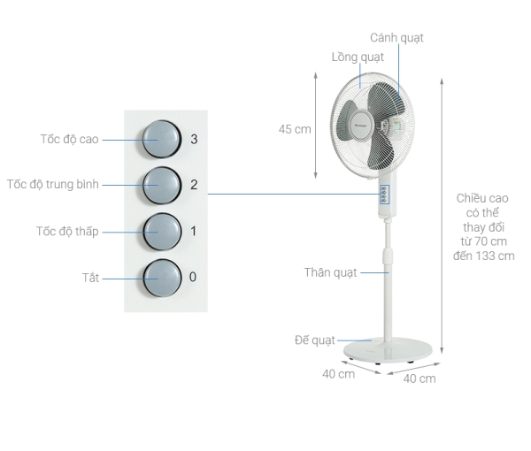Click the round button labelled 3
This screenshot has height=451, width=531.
(162, 139)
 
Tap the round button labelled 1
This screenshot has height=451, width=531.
(162, 232)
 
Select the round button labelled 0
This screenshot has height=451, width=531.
(162, 278)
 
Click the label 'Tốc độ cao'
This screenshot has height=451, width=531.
(69, 139)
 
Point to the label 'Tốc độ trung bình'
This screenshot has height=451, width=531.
(53, 185)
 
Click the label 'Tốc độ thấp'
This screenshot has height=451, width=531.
(67, 232)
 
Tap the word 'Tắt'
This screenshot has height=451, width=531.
(90, 278)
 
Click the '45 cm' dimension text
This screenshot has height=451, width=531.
(295, 129)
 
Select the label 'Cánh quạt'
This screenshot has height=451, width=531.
(396, 38)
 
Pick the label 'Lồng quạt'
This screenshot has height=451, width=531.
(358, 57)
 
